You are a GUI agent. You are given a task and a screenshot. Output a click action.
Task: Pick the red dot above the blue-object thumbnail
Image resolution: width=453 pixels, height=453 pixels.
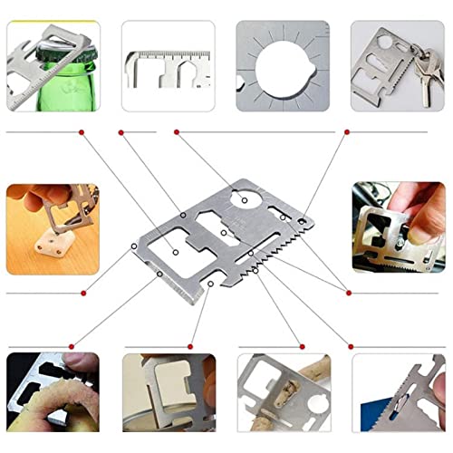[x=352, y=346]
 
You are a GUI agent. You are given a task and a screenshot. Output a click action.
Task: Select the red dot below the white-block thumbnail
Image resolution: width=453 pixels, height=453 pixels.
[x=82, y=292]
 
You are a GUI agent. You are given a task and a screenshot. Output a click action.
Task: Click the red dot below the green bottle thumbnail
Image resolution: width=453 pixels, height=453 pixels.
[x=82, y=132]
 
